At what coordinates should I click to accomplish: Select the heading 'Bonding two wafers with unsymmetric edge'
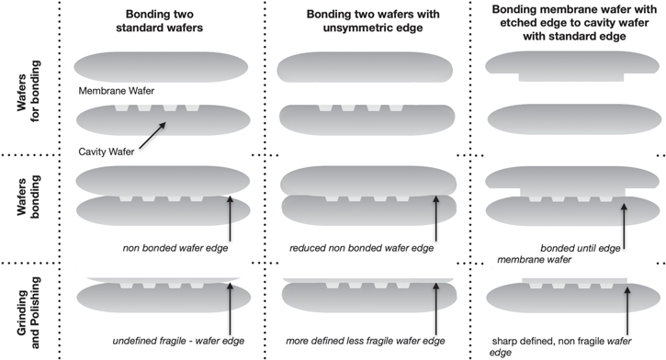pyautogui.click(x=364, y=19)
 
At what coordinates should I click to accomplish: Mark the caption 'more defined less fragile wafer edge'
pyautogui.click(x=367, y=342)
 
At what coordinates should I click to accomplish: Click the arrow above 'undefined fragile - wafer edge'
pyautogui.click(x=230, y=308)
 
